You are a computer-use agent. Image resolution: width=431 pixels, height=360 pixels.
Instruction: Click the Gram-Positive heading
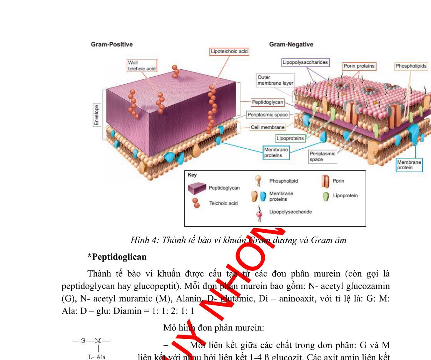click(112, 44)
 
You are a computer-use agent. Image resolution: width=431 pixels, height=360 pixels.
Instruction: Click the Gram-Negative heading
click(291, 44)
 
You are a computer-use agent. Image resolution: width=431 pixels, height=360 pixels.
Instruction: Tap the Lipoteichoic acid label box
click(229, 51)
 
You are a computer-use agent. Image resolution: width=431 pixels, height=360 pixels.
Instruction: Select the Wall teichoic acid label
click(141, 65)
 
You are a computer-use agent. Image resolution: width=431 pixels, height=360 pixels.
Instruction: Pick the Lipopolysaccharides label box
click(305, 62)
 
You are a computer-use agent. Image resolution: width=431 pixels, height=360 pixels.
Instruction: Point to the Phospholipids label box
click(411, 66)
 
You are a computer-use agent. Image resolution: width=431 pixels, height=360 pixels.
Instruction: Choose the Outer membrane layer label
click(275, 80)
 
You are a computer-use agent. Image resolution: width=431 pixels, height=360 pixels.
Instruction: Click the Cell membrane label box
click(267, 127)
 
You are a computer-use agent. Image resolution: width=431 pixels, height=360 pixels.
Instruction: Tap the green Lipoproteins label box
click(290, 138)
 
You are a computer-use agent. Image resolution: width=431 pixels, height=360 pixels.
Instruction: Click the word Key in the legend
click(192, 175)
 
